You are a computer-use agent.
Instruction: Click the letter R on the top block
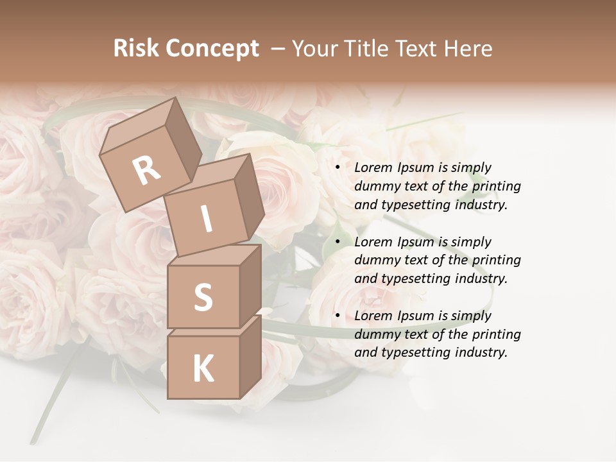pos(147,170)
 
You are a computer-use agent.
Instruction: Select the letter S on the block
pos(203,298)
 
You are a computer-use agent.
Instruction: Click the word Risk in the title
pos(136,48)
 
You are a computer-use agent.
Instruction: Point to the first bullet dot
pos(338,167)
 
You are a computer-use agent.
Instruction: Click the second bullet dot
pos(338,242)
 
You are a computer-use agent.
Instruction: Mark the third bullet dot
pos(338,316)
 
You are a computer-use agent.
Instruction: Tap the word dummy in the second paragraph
pos(377,260)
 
